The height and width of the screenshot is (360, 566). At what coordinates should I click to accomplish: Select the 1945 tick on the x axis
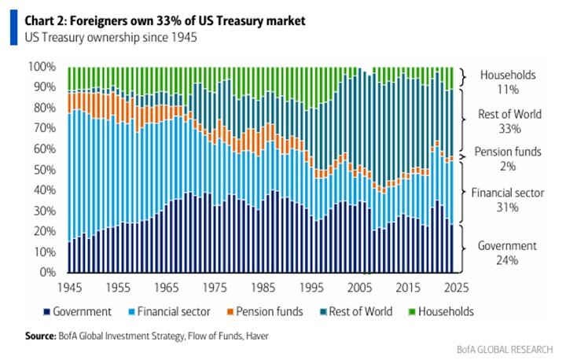coord(69,286)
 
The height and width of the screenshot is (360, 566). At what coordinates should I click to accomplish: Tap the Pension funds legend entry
coord(264,311)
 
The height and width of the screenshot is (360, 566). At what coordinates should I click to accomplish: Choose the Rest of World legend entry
coord(357,311)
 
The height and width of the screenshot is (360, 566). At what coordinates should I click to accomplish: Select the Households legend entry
coord(446,311)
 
